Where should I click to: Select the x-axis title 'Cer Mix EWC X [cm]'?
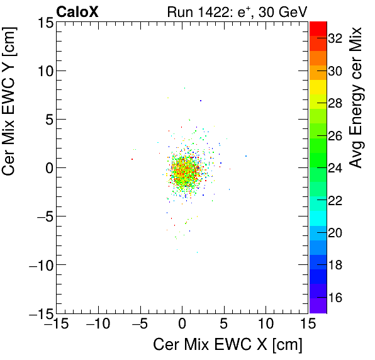pos(228,345)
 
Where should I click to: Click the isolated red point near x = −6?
pos(132,159)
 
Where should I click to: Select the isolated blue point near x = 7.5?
pos(245,156)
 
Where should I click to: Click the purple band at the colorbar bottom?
pos(318,307)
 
